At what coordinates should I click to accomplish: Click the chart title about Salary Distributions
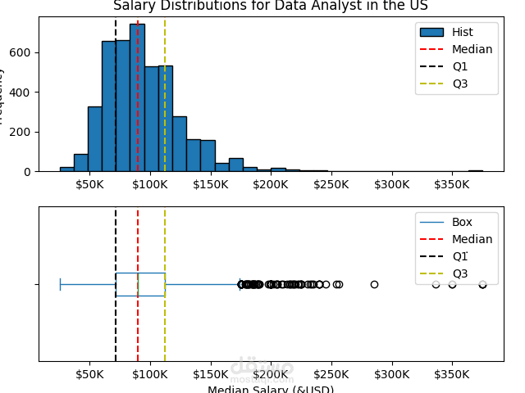pyautogui.click(x=270, y=6)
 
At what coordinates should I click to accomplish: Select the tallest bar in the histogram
pyautogui.click(x=137, y=98)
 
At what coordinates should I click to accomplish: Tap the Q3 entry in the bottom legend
pyautogui.click(x=459, y=273)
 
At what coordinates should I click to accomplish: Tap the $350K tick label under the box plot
pyautogui.click(x=452, y=375)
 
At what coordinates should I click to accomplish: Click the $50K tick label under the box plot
pyautogui.click(x=89, y=375)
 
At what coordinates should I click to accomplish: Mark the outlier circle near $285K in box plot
pyautogui.click(x=374, y=284)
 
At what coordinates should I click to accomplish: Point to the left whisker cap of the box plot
pyautogui.click(x=60, y=284)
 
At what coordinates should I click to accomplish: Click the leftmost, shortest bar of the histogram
pyautogui.click(x=66, y=169)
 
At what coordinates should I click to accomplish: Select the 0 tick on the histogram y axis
pyautogui.click(x=28, y=171)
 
